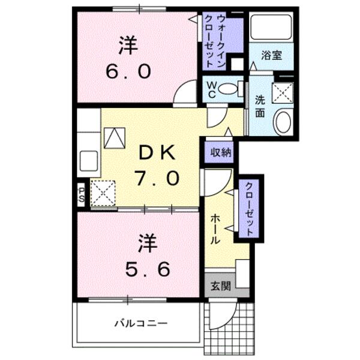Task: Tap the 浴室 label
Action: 271,56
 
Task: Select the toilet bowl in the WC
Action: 227,89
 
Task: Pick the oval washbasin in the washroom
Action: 281,122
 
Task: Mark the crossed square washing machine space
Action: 281,93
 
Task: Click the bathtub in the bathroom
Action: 271,26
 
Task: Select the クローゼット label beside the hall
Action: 249,210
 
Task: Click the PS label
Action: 81,194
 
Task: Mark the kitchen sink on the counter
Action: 89,161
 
